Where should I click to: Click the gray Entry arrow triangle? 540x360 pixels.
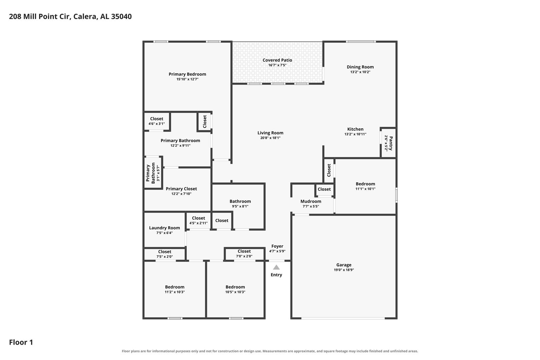click(x=276, y=267)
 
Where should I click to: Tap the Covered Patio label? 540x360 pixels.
click(x=277, y=60)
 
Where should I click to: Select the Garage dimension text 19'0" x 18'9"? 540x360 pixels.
click(x=344, y=270)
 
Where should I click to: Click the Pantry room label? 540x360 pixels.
click(x=391, y=143)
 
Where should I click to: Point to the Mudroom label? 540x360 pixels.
click(x=311, y=201)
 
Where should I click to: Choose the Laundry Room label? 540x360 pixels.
click(x=164, y=228)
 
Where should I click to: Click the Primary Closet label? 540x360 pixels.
click(x=181, y=189)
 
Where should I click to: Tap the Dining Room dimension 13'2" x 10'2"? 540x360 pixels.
click(x=360, y=72)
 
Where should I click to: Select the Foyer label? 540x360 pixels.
click(x=277, y=246)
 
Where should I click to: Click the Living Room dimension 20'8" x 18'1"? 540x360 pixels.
click(x=270, y=138)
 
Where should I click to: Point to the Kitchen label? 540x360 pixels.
click(x=355, y=129)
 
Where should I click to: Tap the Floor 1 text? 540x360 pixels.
click(x=21, y=342)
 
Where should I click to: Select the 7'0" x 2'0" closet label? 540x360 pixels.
click(x=244, y=256)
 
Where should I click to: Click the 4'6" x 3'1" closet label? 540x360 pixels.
click(x=157, y=124)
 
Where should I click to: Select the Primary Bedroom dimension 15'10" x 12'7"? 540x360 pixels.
click(x=187, y=79)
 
